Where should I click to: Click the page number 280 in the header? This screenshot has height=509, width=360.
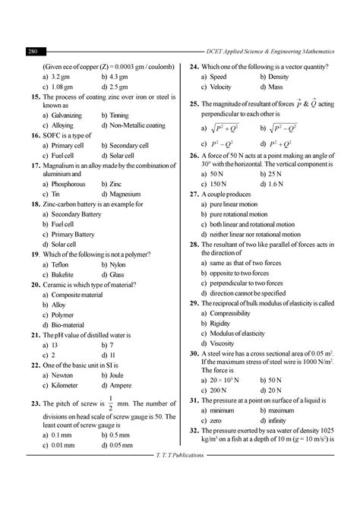[33, 52]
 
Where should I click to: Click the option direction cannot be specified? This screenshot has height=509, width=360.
[248, 292]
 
